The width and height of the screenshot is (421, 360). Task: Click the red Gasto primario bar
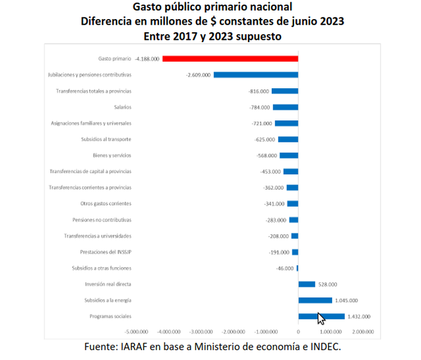click(230, 59)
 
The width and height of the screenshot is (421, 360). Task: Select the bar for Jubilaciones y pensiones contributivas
click(255, 75)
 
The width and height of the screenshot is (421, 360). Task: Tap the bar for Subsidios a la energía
click(315, 300)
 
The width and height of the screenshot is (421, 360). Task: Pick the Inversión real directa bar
click(307, 284)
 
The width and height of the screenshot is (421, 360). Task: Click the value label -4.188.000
click(147, 59)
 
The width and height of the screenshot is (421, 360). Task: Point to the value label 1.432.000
click(359, 316)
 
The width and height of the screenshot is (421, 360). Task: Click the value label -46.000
click(284, 268)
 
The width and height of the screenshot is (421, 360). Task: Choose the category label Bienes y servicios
click(112, 155)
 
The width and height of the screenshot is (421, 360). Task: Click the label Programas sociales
click(110, 316)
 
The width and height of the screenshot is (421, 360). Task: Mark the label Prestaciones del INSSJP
click(106, 252)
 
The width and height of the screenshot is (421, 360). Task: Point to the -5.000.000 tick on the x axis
click(136, 332)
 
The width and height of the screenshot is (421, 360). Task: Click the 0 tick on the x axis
click(298, 332)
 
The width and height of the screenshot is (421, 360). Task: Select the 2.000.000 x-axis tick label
click(362, 332)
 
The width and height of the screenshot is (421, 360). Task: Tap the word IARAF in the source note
click(148, 347)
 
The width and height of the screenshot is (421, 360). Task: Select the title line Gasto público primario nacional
click(212, 7)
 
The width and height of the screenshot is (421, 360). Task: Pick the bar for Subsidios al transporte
click(288, 139)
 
